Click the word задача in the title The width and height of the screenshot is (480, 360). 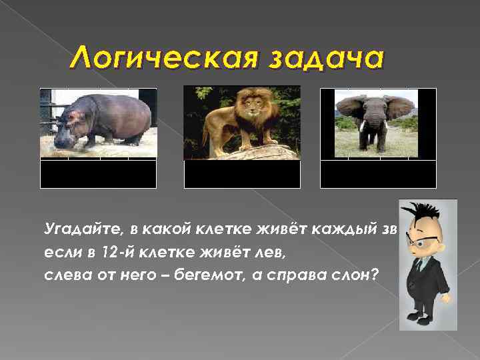pyautogui.click(x=326, y=59)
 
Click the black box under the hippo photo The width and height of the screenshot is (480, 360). pyautogui.click(x=98, y=174)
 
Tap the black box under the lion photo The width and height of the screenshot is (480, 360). pyautogui.click(x=242, y=174)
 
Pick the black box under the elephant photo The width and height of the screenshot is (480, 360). pyautogui.click(x=378, y=174)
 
